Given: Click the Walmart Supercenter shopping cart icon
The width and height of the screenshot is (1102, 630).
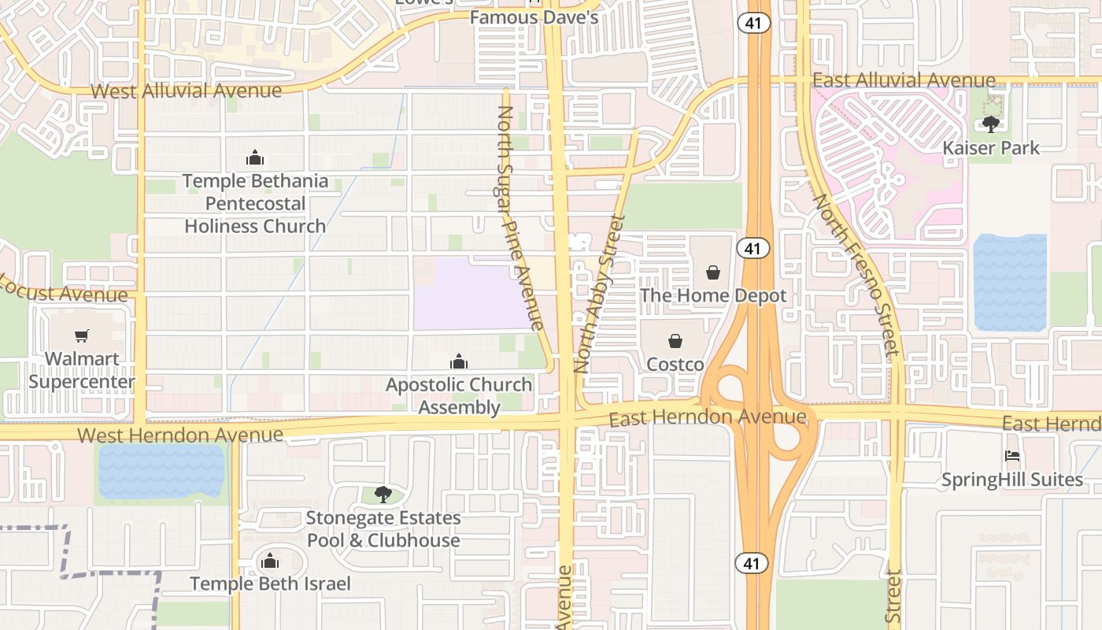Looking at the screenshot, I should [82, 336].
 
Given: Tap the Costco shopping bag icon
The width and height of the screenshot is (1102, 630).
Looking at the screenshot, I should [675, 341].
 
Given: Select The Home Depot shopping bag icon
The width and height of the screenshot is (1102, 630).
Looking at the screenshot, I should [713, 272].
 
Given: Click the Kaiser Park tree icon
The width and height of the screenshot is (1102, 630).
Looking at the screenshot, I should [991, 124].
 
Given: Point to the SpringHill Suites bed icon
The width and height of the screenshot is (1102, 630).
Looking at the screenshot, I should [1012, 456].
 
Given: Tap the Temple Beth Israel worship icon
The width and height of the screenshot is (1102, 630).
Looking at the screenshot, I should [270, 561].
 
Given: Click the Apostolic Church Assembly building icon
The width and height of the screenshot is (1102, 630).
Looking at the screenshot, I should [459, 361].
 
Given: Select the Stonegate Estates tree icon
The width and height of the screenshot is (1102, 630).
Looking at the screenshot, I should [383, 495].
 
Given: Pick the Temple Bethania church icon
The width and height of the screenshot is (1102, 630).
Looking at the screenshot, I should [254, 157].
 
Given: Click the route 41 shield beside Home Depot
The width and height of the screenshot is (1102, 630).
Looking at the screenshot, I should [753, 249].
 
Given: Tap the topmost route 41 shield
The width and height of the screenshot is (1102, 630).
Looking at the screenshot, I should [753, 23].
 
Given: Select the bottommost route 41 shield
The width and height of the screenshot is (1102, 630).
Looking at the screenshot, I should [753, 562].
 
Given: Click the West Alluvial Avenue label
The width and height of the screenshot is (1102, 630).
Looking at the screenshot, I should [186, 91].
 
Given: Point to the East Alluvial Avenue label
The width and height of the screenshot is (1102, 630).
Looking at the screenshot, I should [904, 80].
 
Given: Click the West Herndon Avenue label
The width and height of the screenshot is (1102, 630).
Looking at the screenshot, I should [180, 435].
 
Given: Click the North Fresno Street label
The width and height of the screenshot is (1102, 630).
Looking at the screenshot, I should [856, 276].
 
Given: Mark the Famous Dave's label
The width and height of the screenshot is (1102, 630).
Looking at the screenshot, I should [534, 17].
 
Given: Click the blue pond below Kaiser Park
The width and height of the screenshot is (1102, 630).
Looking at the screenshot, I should [1010, 282].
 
